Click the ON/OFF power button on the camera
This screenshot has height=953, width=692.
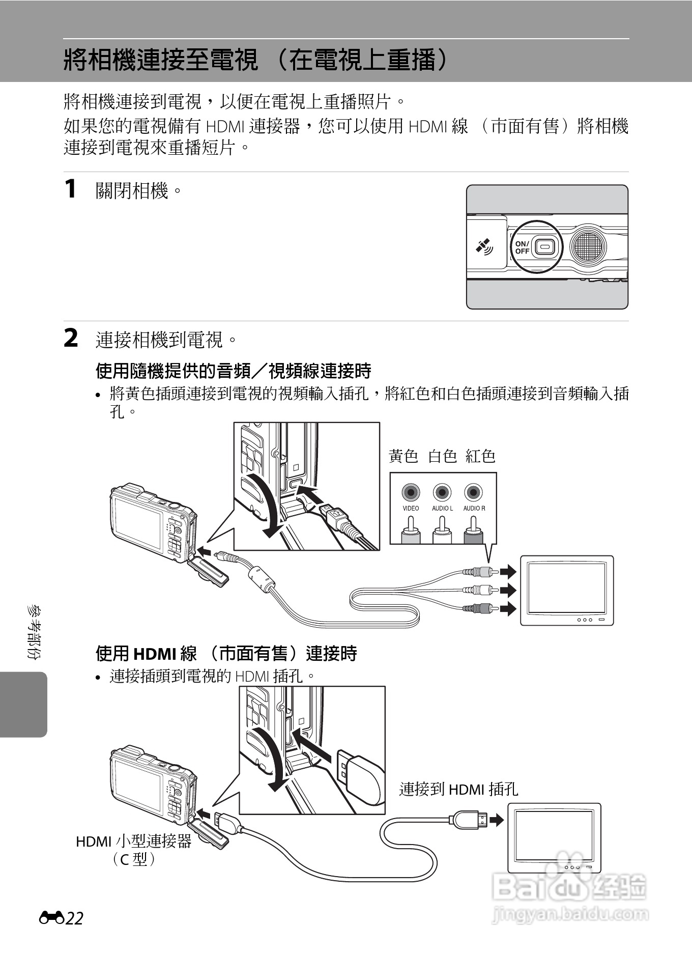(545, 247)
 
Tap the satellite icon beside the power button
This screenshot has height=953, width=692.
(484, 246)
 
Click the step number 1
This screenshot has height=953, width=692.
(71, 189)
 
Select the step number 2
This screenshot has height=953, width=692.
(71, 339)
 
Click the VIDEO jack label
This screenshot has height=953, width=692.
(411, 508)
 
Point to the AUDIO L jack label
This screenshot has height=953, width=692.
(442, 508)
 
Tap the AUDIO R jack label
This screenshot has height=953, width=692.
(474, 508)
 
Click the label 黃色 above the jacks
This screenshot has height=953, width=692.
(403, 456)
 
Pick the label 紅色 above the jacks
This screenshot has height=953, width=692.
(480, 456)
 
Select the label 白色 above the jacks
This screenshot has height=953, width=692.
(442, 456)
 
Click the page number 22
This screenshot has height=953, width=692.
(74, 918)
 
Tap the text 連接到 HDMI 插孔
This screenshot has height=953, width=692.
(458, 789)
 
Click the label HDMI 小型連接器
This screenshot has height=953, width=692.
(133, 841)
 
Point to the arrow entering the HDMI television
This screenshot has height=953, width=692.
(497, 820)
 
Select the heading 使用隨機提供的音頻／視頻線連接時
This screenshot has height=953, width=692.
(233, 371)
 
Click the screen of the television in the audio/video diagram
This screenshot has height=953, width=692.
(566, 588)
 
